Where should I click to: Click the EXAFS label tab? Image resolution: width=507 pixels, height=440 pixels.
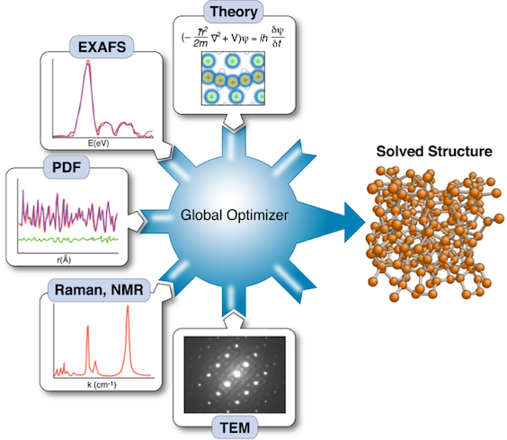[102, 48]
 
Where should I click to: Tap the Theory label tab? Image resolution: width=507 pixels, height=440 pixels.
[234, 12]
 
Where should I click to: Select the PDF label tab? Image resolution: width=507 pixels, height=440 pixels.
[67, 167]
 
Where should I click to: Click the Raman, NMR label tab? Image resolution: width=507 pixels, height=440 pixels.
[99, 290]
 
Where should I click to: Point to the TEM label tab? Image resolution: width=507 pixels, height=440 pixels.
[235, 427]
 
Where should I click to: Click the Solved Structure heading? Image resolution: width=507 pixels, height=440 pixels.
[434, 151]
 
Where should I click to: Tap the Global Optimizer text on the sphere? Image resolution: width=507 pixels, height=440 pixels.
[234, 216]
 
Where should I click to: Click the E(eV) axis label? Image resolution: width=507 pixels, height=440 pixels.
[99, 143]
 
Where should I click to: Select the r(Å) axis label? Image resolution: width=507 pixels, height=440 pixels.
[64, 260]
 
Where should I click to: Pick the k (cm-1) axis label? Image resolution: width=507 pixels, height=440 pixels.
[102, 384]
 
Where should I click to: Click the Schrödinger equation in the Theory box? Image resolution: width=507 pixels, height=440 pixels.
[233, 37]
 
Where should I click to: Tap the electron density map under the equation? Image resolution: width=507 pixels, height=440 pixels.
[233, 78]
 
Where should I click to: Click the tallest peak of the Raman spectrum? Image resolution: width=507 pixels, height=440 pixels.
[128, 307]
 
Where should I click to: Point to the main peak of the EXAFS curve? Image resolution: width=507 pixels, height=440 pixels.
[87, 62]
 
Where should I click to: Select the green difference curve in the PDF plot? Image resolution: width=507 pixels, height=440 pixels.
[68, 240]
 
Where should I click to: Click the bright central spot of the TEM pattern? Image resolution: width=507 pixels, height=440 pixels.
[237, 374]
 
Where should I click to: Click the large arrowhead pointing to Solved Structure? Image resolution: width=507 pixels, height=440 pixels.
[354, 223]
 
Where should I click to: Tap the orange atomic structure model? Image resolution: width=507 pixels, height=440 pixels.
[435, 233]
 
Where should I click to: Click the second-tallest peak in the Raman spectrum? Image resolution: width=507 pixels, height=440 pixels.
[87, 327]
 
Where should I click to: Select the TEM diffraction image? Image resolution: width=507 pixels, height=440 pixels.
[235, 374]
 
